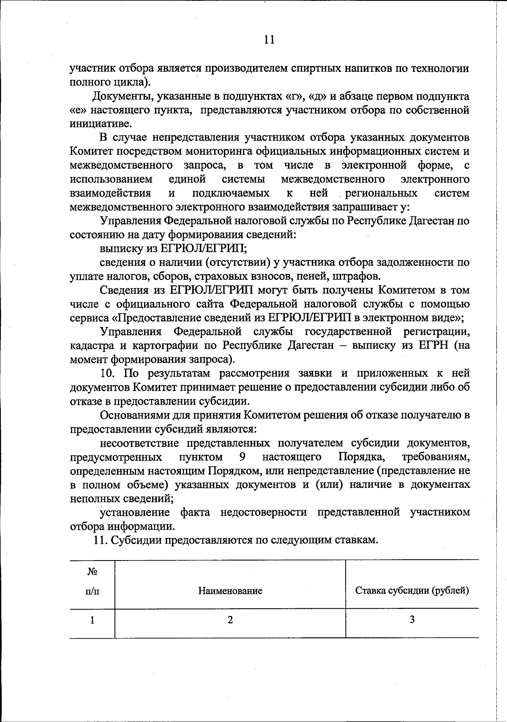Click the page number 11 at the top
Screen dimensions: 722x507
coord(269,40)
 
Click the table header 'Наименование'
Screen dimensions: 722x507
coord(230,591)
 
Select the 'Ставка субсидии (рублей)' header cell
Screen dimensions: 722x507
coord(412,591)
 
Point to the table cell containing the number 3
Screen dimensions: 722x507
coord(412,620)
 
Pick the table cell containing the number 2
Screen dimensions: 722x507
coord(230,620)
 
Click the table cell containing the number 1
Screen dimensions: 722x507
coord(92,620)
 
